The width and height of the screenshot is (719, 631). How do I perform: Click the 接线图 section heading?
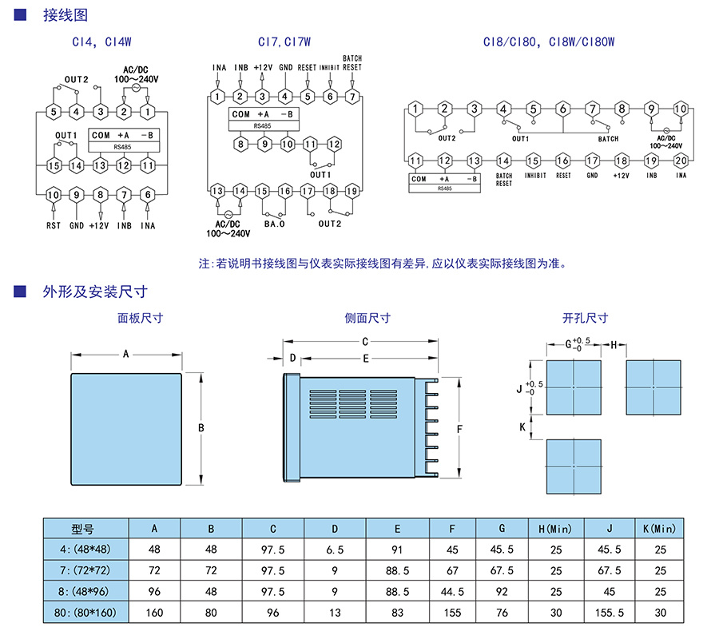click(65, 15)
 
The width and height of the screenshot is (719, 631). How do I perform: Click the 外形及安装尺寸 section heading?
click(95, 292)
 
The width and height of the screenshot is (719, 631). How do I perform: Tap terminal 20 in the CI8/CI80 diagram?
click(681, 161)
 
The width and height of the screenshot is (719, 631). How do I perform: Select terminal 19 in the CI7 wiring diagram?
click(352, 191)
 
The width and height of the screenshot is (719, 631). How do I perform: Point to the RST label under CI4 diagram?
click(53, 226)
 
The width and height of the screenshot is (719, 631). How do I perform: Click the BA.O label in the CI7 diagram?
click(275, 224)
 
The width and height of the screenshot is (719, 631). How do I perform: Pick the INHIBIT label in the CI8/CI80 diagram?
click(535, 175)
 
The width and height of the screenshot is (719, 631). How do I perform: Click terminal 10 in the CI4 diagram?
click(53, 195)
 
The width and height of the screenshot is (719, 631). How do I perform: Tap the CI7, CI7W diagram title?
click(284, 42)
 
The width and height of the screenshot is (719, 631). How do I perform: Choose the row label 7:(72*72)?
click(85, 571)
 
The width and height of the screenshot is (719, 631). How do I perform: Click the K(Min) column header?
click(660, 529)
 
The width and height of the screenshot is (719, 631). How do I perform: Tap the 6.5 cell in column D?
click(335, 550)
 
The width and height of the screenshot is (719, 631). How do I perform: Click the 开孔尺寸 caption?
click(585, 318)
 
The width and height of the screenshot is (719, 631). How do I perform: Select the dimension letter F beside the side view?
click(459, 430)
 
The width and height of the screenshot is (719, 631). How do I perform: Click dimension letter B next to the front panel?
click(201, 428)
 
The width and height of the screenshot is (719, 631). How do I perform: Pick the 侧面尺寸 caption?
click(367, 318)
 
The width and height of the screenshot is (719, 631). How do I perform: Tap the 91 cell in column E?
click(397, 550)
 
